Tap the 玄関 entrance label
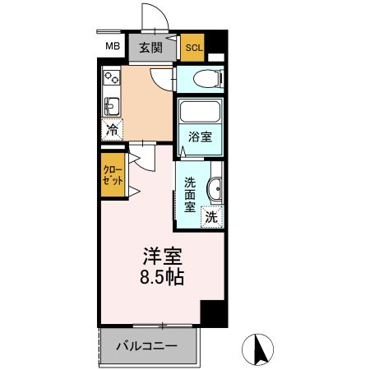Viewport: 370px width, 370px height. pos(151,47)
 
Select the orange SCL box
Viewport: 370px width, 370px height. pos(193,48)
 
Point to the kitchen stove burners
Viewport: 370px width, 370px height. pos(110,81)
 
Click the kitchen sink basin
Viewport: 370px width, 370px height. pos(111,105)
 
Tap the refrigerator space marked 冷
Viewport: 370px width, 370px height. pos(111,129)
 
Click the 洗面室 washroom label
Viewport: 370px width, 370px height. pos(190,194)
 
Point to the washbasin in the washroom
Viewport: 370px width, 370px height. pos(215,188)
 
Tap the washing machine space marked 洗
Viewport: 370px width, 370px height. pos(212,218)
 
